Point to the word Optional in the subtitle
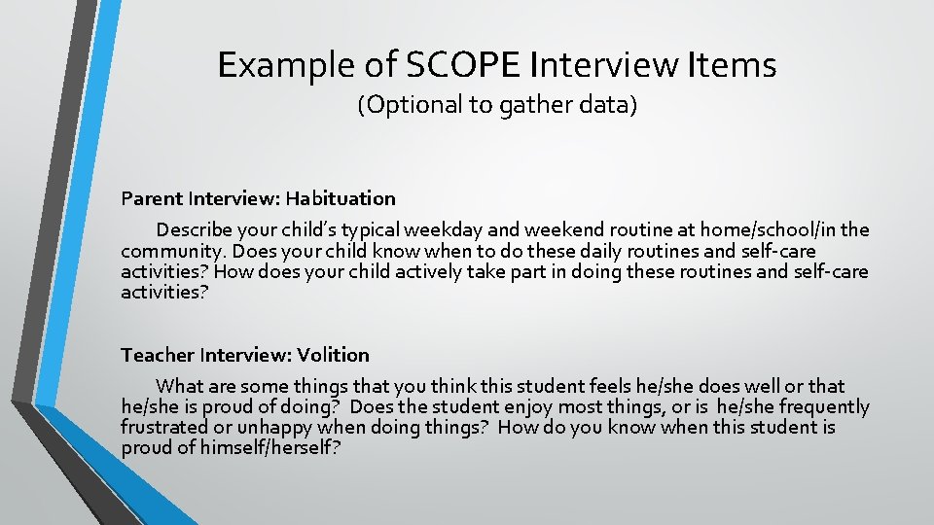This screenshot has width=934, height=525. [x=415, y=105]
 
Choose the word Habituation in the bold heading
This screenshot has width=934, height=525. [x=339, y=198]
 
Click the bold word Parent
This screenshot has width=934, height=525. [x=152, y=198]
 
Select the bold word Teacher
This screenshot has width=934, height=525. [x=158, y=355]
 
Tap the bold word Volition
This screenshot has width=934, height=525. [x=334, y=355]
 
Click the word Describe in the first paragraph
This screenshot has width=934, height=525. [x=193, y=230]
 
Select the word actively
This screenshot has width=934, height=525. [x=425, y=271]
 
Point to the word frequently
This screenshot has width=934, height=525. [x=824, y=406]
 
